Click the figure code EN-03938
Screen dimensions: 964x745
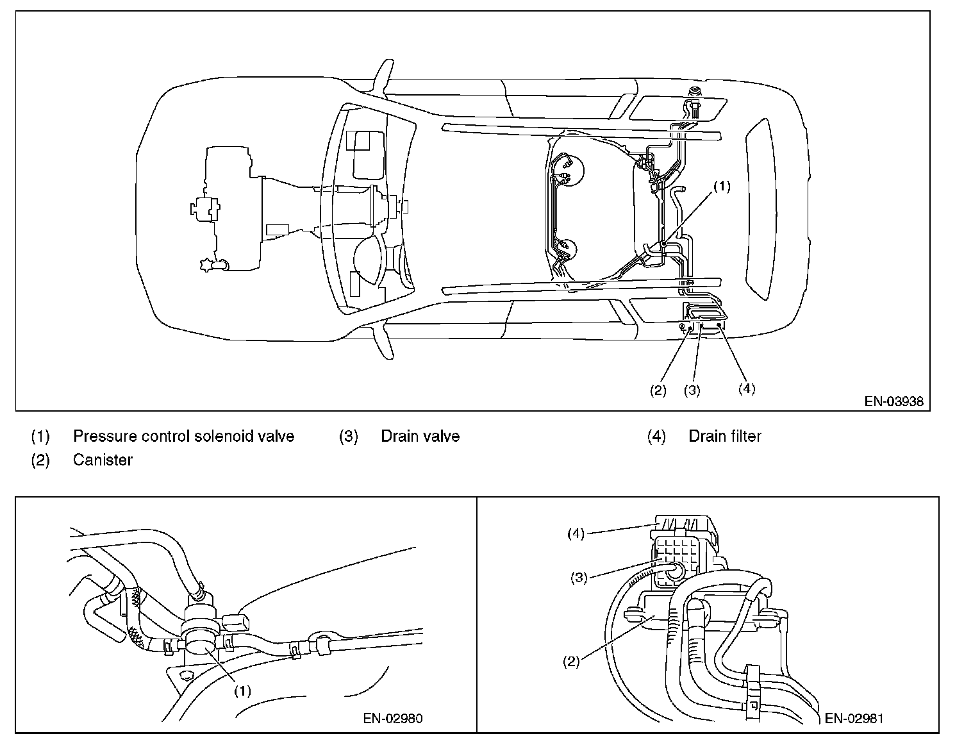[894, 401]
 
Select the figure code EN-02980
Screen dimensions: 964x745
[393, 718]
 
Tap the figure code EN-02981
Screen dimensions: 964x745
[854, 718]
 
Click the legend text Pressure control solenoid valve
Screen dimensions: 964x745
[184, 436]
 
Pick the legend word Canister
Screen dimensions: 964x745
[103, 460]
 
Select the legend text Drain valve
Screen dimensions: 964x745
[420, 436]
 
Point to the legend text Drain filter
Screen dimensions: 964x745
[725, 436]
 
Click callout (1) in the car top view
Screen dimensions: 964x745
[722, 187]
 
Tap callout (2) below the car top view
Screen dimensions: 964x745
[658, 390]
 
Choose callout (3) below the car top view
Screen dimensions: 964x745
[692, 390]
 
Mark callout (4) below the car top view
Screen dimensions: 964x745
[747, 389]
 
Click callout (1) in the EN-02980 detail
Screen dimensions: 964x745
[243, 691]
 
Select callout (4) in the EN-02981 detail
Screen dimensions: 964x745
[576, 533]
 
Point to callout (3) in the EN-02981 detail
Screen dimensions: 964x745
[579, 578]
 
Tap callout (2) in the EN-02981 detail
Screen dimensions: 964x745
[571, 662]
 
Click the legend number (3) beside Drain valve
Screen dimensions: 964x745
[349, 436]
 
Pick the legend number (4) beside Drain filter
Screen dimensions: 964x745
[656, 436]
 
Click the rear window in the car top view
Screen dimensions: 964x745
[761, 209]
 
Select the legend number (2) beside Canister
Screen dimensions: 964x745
[40, 460]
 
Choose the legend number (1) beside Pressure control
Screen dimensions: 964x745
[40, 436]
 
